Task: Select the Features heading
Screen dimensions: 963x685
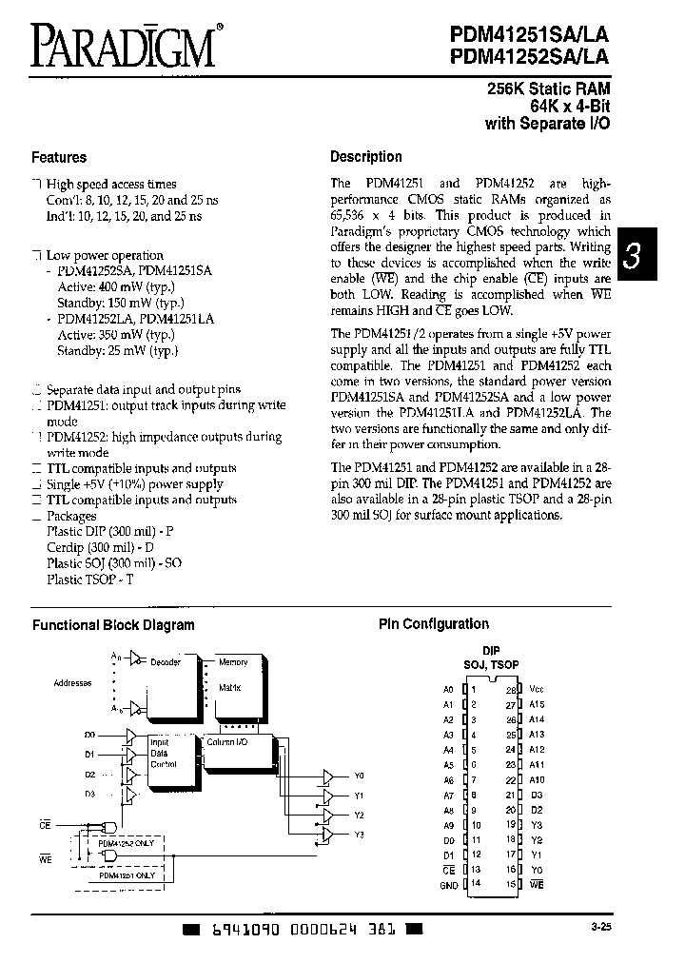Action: tap(59, 158)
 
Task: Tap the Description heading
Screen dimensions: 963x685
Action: tap(365, 157)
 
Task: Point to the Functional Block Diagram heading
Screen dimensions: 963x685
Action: tap(113, 625)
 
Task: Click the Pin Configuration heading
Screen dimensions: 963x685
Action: tap(433, 624)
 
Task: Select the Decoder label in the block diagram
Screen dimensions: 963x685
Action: tap(166, 662)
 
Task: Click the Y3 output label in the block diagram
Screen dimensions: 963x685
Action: tap(359, 835)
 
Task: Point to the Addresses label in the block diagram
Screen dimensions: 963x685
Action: tap(73, 683)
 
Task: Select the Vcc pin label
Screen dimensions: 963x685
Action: tap(538, 688)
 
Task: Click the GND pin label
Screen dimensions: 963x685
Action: tap(449, 885)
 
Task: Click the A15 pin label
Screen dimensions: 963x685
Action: tap(538, 704)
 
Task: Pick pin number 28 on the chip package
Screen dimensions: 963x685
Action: tap(510, 689)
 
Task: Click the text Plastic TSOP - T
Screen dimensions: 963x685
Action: tap(90, 579)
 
